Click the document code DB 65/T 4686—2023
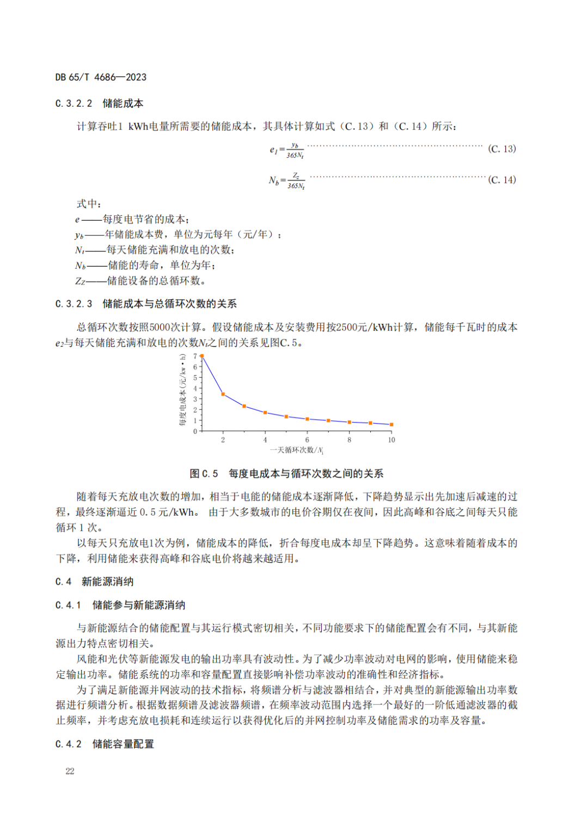[101, 77]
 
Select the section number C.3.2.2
[74, 104]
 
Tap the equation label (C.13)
[501, 149]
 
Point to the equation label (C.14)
[501, 180]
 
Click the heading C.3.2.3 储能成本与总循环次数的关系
[146, 304]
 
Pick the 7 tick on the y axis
[195, 357]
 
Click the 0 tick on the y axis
[195, 431]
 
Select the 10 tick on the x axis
[391, 440]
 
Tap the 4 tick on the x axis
[265, 440]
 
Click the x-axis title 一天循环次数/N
[297, 450]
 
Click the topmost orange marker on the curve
[202, 356]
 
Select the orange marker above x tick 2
[223, 394]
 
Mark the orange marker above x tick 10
[391, 424]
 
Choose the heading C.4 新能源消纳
[94, 582]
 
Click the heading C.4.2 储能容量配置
[105, 744]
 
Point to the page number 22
[70, 771]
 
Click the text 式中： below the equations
[88, 204]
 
